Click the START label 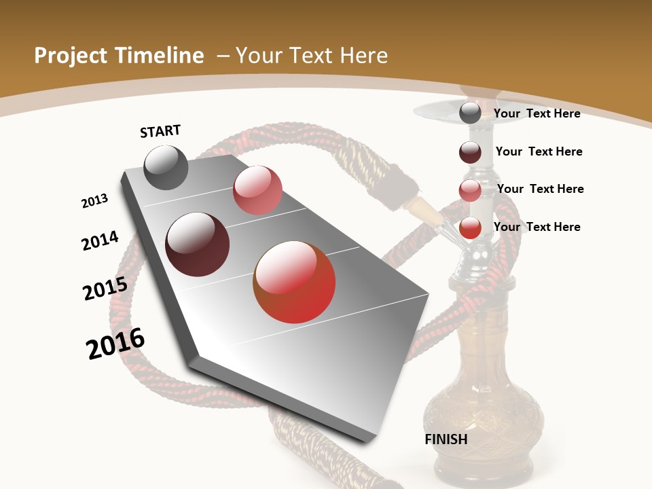pyautogui.click(x=160, y=131)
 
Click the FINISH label pyautogui.click(x=446, y=439)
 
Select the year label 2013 pyautogui.click(x=95, y=201)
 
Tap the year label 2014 pyautogui.click(x=101, y=240)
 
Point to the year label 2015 pyautogui.click(x=105, y=289)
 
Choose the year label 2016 pyautogui.click(x=115, y=344)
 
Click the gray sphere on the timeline pyautogui.click(x=166, y=167)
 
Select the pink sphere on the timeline pyautogui.click(x=257, y=190)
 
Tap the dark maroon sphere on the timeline pyautogui.click(x=198, y=244)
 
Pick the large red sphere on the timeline pyautogui.click(x=294, y=282)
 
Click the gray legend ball pyautogui.click(x=470, y=113)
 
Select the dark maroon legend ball pyautogui.click(x=470, y=152)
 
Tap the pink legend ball pyautogui.click(x=470, y=190)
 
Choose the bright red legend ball pyautogui.click(x=470, y=228)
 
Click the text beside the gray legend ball pyautogui.click(x=537, y=113)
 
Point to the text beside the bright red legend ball pyautogui.click(x=537, y=227)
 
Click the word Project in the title pyautogui.click(x=71, y=56)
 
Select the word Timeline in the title pyautogui.click(x=160, y=56)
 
